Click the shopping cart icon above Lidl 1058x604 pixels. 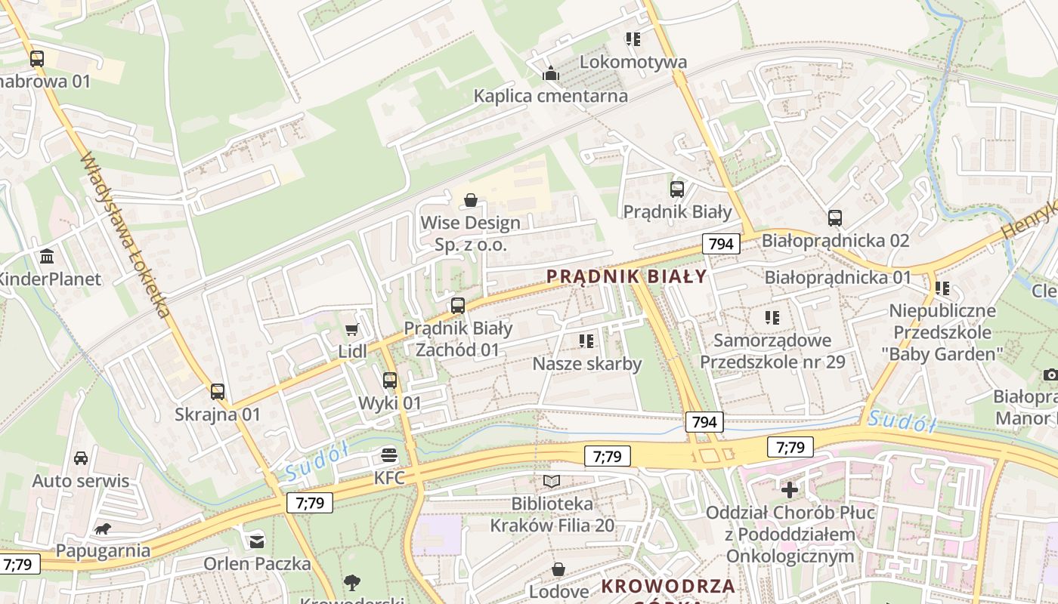coord(351,329)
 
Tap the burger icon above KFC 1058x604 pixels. coord(389,455)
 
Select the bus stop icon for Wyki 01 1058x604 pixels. coord(390,381)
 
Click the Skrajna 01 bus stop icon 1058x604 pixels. coord(218,391)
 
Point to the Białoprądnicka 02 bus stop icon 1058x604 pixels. coord(835,218)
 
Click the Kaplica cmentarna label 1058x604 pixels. coord(550,96)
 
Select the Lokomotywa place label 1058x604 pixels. coord(633,62)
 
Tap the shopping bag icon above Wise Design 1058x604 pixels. coord(471,200)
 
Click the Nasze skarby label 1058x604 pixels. coord(587,364)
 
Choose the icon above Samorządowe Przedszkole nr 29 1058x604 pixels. coord(772,318)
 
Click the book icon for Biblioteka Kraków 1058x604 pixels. coord(552,481)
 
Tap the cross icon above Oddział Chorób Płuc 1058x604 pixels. coord(790,490)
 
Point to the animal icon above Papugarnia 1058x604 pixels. coord(103,529)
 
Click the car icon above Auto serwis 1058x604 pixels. coord(81,458)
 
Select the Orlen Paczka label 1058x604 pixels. coord(257,563)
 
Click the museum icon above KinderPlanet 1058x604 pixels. coord(47,256)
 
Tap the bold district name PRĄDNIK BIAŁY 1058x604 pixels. coord(626,276)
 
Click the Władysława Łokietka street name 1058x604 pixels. coord(125,234)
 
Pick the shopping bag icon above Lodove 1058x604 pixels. coord(558,569)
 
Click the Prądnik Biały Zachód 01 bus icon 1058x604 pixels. coord(458,306)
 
